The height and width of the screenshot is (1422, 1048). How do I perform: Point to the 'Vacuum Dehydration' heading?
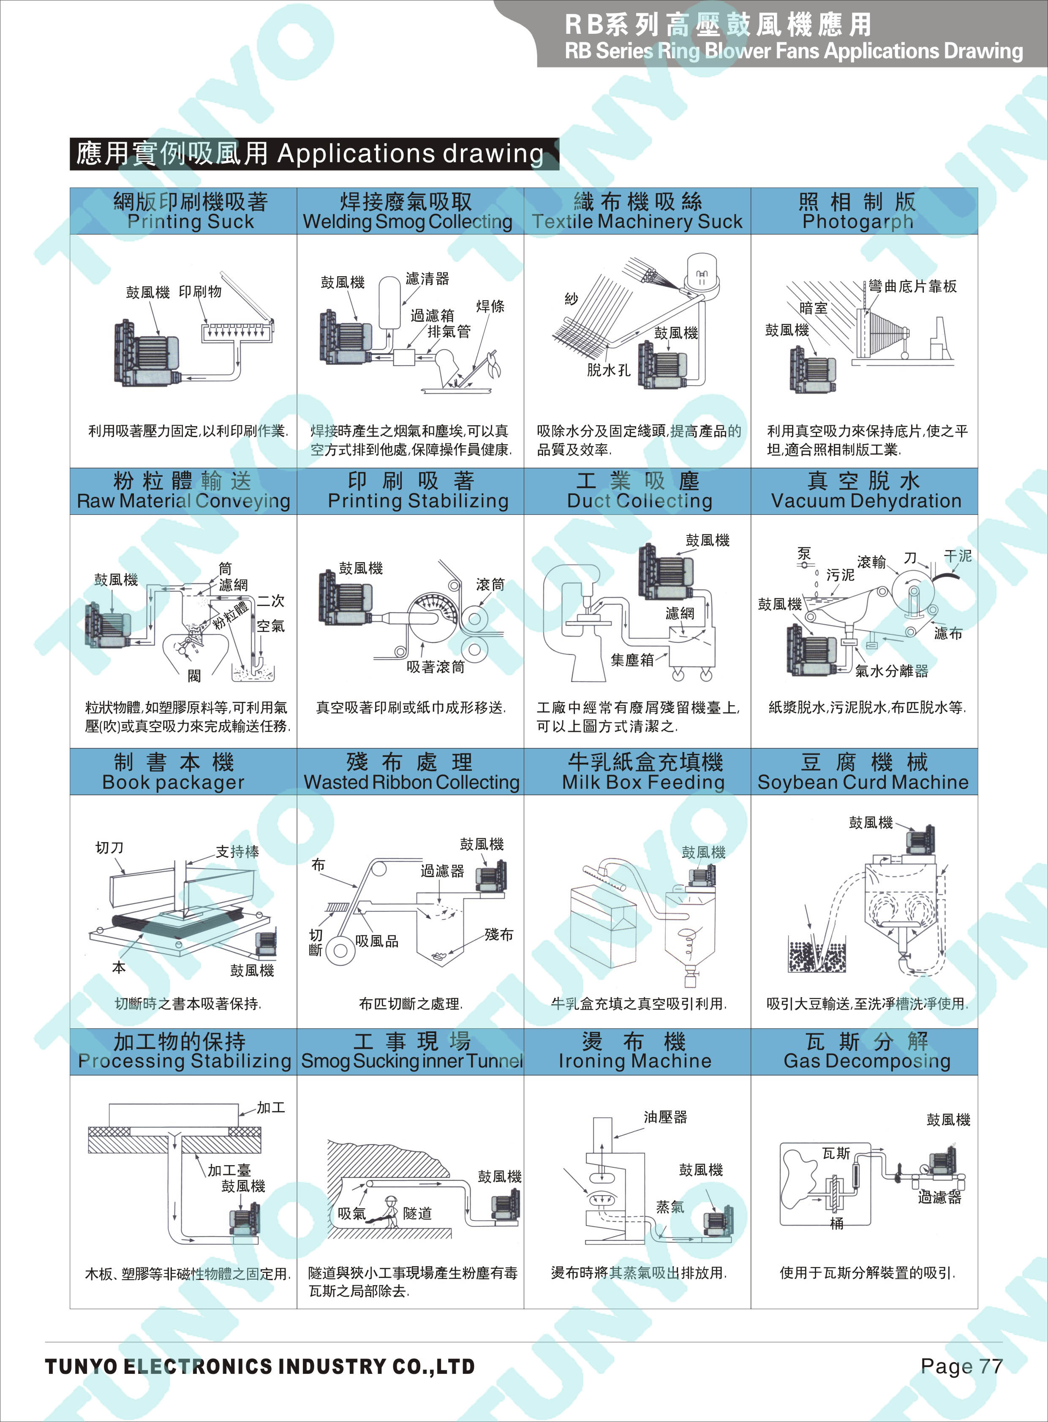pyautogui.click(x=866, y=501)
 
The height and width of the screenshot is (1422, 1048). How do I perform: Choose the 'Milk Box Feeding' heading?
pyautogui.click(x=643, y=782)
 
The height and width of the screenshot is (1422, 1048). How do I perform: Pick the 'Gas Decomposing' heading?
pyautogui.click(x=866, y=1061)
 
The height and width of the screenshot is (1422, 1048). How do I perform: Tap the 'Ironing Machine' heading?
pyautogui.click(x=635, y=1061)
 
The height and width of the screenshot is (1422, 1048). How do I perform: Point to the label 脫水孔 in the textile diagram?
pyautogui.click(x=608, y=370)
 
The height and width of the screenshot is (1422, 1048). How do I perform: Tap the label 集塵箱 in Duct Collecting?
pyautogui.click(x=632, y=660)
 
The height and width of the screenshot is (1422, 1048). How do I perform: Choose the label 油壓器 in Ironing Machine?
pyautogui.click(x=665, y=1117)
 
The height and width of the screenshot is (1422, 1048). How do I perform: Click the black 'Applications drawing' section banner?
pyautogui.click(x=314, y=153)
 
